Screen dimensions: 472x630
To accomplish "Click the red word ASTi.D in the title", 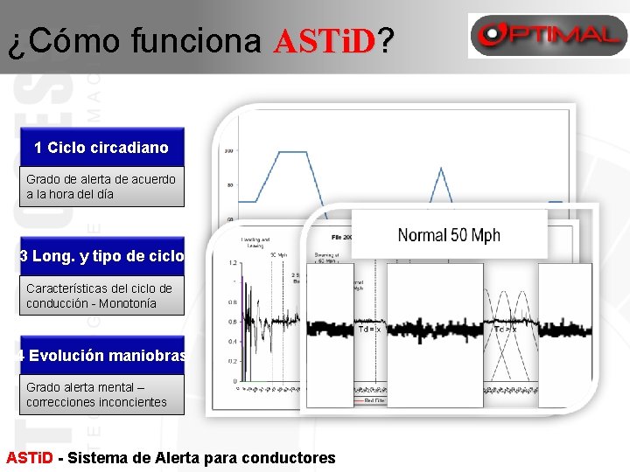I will pos(324,40).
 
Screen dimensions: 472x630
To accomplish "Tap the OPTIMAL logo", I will pos(546,35).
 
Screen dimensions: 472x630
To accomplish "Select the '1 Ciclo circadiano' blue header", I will pos(101,148).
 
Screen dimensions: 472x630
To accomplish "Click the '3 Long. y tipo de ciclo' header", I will pos(102,256).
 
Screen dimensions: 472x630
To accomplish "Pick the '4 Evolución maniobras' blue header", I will pos(102,356).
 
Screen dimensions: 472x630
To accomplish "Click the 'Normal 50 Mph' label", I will pos(449,234).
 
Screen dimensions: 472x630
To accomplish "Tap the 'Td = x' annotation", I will pos(369,330).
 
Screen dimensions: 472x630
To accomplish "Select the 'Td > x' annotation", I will pos(505,330).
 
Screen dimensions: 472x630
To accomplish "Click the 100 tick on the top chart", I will pos(228,151).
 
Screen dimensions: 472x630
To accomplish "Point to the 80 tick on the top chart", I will pos(229,185).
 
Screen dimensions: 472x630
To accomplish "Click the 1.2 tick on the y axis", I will pos(231,262).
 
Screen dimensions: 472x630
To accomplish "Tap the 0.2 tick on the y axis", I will pos(231,361).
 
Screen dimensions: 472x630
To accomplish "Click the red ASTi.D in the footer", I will pos(30,457).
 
